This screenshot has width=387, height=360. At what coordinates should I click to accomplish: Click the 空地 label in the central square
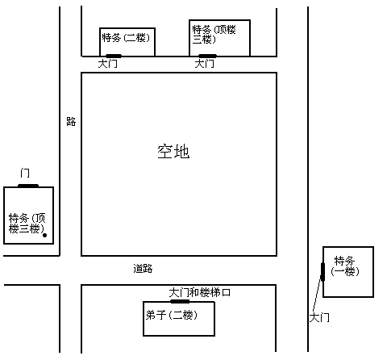[173, 152]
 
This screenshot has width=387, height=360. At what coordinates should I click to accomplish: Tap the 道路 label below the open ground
[143, 269]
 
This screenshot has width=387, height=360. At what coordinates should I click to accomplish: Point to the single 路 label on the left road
[71, 122]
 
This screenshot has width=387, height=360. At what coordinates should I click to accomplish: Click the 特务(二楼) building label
[126, 37]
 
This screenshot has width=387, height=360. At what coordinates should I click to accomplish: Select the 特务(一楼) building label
[345, 266]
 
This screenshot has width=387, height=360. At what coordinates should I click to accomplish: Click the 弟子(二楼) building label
[172, 315]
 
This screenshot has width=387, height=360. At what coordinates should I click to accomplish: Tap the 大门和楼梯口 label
[200, 292]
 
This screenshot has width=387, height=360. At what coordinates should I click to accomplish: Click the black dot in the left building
[45, 235]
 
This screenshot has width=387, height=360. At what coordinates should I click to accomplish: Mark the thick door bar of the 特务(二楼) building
[114, 56]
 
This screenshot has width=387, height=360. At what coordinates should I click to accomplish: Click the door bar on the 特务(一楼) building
[322, 272]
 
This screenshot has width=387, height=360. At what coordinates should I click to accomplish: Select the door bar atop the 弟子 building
[180, 301]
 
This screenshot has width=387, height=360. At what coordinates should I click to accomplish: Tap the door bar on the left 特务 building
[28, 186]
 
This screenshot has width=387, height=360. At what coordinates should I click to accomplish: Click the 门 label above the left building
[25, 173]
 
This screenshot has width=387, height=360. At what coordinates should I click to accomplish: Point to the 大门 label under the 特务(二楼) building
[107, 64]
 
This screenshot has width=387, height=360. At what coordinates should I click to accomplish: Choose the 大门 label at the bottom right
[319, 318]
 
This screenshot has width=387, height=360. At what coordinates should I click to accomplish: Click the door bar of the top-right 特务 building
[207, 56]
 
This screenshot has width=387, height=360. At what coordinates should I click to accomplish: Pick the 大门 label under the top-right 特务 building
[205, 64]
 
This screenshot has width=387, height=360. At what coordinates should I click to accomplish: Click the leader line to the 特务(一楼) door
[317, 295]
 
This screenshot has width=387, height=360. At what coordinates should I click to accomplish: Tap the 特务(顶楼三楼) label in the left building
[27, 224]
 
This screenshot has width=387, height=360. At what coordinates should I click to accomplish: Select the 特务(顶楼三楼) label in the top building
[214, 35]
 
